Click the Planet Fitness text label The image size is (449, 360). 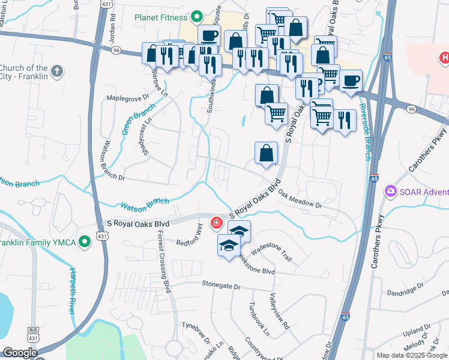tap(161, 17)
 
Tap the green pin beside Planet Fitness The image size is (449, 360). tap(196, 17)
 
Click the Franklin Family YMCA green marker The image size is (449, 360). tap(85, 242)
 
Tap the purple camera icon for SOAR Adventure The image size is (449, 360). tap(391, 191)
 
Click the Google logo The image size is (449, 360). tap(20, 353)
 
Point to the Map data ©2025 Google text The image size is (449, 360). tap(412, 355)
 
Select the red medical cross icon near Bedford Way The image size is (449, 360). tap(215, 224)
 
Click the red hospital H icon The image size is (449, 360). tap(444, 58)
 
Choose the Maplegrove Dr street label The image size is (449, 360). tap(127, 98)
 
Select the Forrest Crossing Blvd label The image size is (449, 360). tap(164, 260)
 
